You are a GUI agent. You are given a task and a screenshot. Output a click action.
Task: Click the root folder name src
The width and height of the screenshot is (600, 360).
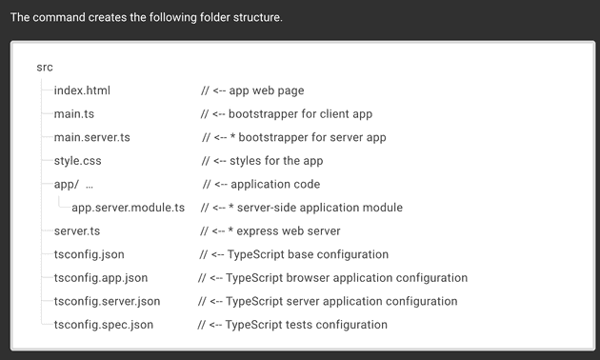point(45,68)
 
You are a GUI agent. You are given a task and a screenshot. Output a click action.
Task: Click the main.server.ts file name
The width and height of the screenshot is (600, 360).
point(91,137)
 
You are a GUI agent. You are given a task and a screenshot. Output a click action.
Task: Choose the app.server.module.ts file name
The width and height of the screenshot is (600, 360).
point(128,208)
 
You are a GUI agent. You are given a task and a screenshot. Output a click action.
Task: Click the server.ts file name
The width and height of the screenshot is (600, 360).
point(77,231)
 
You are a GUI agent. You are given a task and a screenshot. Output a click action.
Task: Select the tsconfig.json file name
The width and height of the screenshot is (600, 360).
point(89,254)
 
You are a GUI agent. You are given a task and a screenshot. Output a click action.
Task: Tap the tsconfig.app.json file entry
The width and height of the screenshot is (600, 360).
point(100,278)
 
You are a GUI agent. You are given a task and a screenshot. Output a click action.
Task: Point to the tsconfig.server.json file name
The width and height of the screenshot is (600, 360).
point(107,301)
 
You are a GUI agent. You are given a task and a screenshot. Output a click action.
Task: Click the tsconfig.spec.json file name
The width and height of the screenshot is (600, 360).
point(103,325)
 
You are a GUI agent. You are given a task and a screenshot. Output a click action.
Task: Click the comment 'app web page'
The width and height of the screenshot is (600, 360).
point(267,90)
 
